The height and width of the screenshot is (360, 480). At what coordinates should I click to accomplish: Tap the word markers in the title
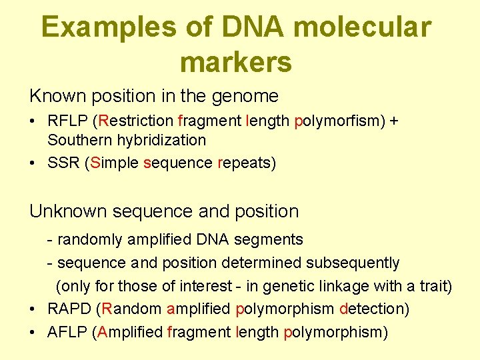tap(235, 62)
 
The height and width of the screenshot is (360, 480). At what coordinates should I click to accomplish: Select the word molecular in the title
tap(361, 28)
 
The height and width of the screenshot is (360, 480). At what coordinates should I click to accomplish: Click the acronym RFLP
tap(68, 121)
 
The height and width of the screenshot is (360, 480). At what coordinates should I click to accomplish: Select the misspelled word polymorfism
tap(338, 121)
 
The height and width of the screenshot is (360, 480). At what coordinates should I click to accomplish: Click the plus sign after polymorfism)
tap(395, 122)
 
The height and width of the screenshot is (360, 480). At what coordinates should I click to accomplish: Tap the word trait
tap(433, 287)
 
